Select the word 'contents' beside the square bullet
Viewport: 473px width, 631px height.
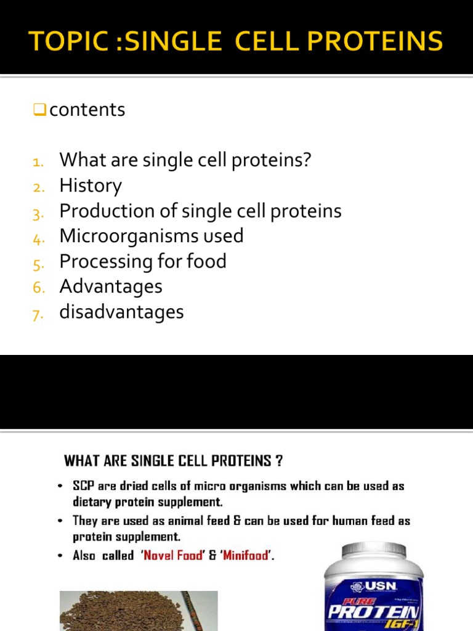tap(87, 110)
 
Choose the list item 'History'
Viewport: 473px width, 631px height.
tap(91, 185)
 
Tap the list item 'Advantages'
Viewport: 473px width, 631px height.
tap(111, 286)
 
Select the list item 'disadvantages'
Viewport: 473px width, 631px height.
tap(121, 312)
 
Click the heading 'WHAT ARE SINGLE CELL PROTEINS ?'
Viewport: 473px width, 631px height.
tap(174, 460)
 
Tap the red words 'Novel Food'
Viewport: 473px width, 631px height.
tap(172, 555)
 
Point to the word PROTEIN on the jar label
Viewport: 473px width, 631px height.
tap(374, 611)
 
